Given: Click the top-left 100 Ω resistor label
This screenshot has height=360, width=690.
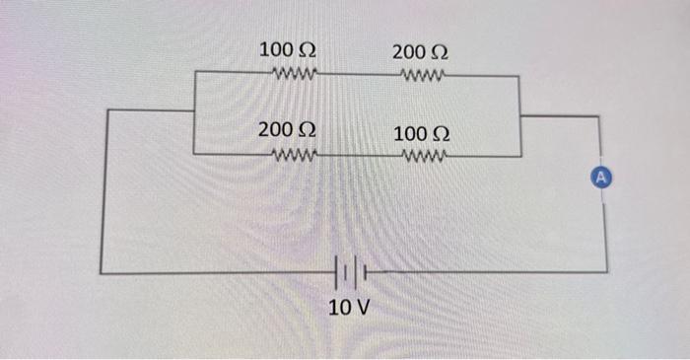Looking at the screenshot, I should coord(287,49).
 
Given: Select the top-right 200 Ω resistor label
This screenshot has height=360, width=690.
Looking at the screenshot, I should coord(421,49).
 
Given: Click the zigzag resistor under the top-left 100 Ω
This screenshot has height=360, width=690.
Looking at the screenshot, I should coord(293,72).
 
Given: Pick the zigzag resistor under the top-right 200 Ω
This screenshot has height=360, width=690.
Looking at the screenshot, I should coord(425,72).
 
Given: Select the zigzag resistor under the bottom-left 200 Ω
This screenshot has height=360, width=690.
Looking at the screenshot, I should coord(293,154).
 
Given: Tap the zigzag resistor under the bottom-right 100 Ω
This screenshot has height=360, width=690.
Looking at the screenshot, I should coord(425,154).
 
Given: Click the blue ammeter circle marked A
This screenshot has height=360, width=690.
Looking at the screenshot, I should coord(605,178).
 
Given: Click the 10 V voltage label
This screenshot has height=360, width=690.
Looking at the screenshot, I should coord(349,307).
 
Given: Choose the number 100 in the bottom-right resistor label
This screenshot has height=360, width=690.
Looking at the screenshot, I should coord(409,132).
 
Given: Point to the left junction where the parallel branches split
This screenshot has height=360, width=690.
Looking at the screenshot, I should coord(194,110).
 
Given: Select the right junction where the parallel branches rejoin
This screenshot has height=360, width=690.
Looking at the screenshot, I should coord(519,114).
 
